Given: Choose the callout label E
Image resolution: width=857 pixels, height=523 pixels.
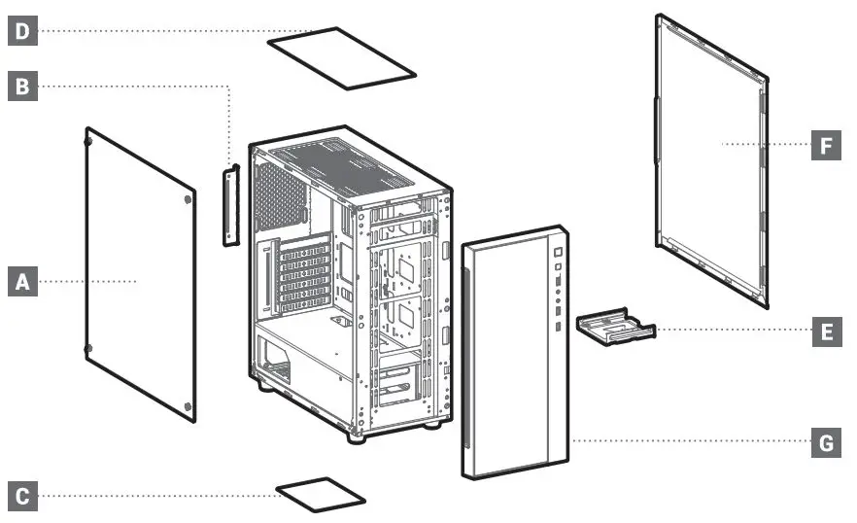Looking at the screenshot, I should [826, 331].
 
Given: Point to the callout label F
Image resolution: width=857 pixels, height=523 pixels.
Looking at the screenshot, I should [826, 146].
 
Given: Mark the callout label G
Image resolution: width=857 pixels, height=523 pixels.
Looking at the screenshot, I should [826, 443].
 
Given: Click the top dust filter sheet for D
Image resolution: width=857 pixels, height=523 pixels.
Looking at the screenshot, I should [341, 57].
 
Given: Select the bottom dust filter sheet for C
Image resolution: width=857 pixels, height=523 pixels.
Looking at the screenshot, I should [321, 494].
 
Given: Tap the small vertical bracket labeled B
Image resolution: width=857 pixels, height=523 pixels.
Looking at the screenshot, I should [230, 206].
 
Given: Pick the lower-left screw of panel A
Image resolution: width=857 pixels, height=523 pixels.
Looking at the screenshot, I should [88, 348].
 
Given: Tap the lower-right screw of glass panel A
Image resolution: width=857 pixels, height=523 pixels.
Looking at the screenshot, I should [188, 405].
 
